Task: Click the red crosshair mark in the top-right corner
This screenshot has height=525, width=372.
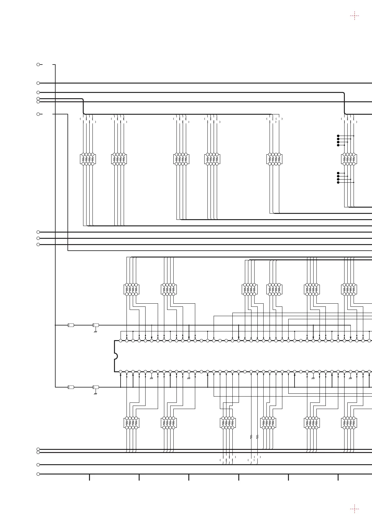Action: (354, 16)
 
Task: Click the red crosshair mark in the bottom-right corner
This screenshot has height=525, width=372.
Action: (354, 508)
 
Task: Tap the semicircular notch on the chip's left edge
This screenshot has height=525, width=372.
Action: (116, 356)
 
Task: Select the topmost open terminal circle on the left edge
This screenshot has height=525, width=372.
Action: (38, 65)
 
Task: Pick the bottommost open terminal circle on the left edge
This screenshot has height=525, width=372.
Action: (38, 474)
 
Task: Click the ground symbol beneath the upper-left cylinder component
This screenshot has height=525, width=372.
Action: (96, 332)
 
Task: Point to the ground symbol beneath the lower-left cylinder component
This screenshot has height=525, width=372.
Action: (96, 394)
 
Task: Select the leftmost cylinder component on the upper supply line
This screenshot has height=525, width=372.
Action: (71, 325)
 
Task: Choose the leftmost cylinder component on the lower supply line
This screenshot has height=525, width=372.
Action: (71, 387)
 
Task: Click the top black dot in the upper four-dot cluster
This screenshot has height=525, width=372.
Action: (338, 136)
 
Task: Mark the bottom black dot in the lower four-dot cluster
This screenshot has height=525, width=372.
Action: (338, 182)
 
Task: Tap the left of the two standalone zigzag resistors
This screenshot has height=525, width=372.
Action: (251, 437)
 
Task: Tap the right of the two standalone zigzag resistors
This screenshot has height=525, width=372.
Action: (257, 437)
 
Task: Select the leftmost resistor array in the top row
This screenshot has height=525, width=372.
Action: (88, 159)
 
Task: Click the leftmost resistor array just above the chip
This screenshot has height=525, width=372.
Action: (131, 289)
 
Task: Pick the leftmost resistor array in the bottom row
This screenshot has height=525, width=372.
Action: (131, 423)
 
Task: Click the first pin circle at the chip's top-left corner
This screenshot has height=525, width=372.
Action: (121, 341)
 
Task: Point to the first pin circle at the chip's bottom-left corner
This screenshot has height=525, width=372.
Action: (121, 372)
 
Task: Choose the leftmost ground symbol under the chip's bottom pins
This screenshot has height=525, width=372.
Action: (151, 378)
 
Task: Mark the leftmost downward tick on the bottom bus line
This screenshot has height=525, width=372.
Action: (89, 477)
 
